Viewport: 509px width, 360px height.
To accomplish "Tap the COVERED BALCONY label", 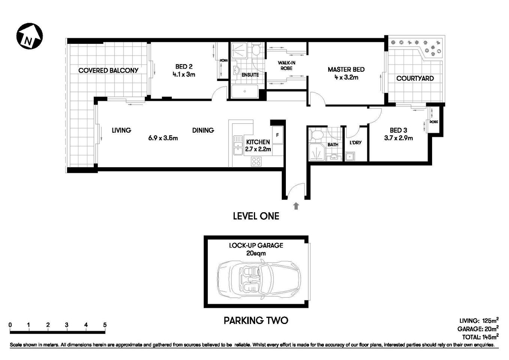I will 108,70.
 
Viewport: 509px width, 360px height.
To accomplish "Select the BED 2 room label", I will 184,67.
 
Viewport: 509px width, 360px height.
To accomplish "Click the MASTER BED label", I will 346,69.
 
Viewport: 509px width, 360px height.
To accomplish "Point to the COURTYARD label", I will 415,78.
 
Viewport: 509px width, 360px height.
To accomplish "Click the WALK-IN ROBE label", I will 285,66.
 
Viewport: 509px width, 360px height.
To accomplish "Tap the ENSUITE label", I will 250,75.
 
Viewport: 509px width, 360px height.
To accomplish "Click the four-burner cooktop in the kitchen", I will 257,162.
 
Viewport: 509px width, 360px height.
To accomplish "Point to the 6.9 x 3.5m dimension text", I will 163,138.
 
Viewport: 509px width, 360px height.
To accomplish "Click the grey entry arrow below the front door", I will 296,205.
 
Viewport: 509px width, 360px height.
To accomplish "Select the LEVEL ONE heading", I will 256,216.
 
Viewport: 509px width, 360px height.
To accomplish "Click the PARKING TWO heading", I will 256,320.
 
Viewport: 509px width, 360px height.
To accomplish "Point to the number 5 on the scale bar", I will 105,325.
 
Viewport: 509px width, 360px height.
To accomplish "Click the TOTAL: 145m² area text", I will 480,337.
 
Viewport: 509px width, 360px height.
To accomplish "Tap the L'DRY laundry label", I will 355,142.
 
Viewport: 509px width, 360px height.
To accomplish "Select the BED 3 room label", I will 398,130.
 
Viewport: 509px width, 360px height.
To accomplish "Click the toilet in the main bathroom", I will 317,135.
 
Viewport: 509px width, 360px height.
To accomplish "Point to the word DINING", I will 203,130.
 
